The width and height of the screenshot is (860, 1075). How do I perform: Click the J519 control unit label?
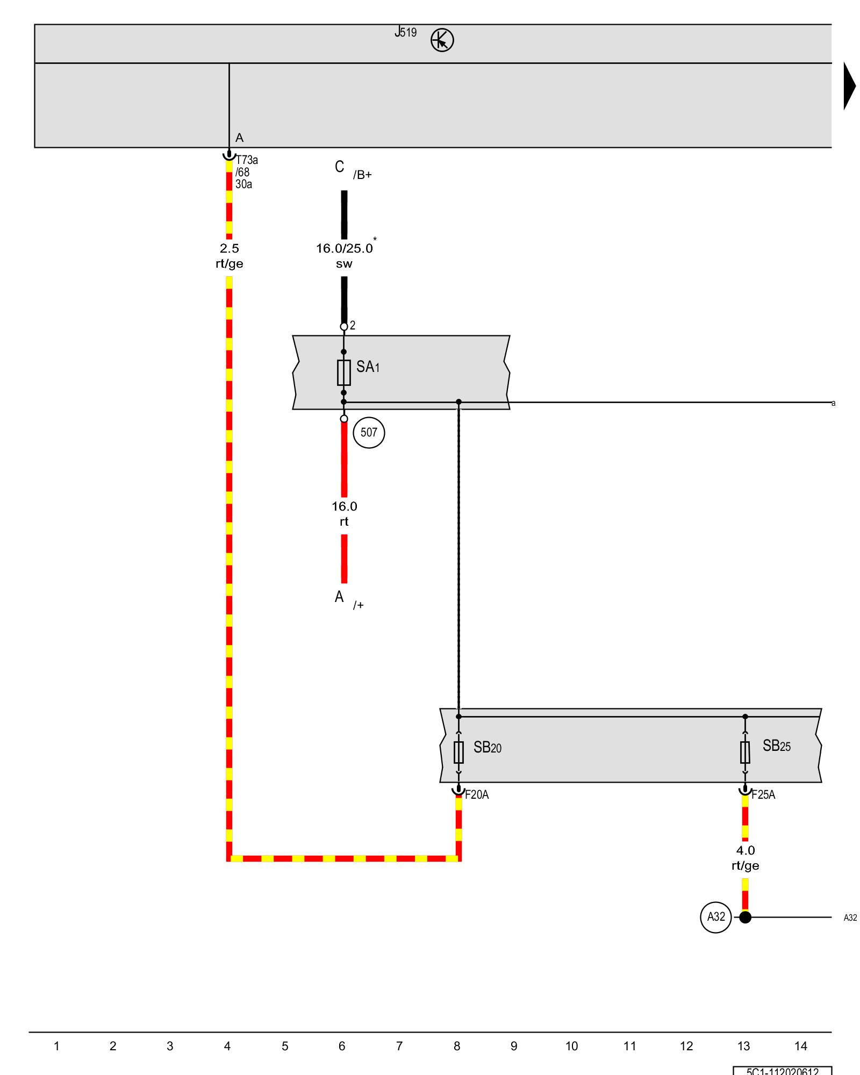click(x=406, y=32)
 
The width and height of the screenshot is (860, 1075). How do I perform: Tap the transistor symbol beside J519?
click(x=442, y=40)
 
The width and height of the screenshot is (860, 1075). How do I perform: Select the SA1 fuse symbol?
click(x=344, y=372)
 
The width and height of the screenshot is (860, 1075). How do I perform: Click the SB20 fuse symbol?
click(x=458, y=752)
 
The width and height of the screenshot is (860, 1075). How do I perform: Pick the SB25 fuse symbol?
click(x=745, y=752)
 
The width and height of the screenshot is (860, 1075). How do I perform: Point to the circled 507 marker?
click(x=369, y=433)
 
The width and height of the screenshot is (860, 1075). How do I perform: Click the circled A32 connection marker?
click(x=716, y=917)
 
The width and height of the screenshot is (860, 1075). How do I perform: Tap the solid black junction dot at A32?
click(x=745, y=917)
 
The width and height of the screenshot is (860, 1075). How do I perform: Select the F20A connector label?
click(x=477, y=795)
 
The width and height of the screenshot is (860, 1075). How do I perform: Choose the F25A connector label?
click(x=763, y=795)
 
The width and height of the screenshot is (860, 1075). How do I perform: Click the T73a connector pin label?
click(x=247, y=160)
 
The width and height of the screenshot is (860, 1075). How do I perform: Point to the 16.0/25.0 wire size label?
click(x=344, y=248)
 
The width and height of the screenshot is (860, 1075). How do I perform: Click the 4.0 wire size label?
click(x=745, y=850)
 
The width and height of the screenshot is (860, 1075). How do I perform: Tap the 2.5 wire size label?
click(x=230, y=248)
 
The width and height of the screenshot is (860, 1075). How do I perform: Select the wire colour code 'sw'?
click(x=344, y=264)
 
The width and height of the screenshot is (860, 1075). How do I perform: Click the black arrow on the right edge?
click(x=849, y=86)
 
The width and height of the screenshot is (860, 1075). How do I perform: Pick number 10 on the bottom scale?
click(x=571, y=1046)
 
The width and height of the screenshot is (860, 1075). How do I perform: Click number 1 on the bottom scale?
click(x=56, y=1046)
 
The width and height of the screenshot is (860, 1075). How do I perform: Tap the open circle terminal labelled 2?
click(x=344, y=327)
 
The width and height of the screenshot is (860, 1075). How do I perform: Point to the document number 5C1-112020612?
click(x=782, y=1071)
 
